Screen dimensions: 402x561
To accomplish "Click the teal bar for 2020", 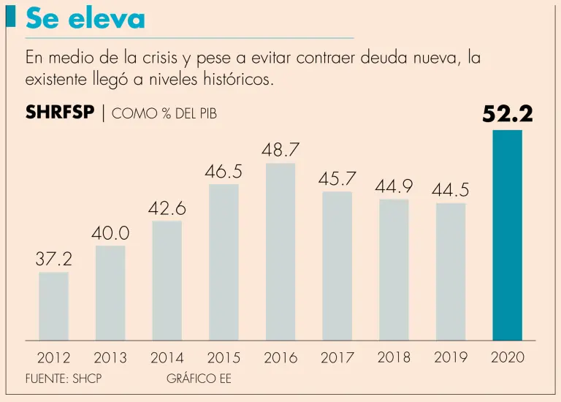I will point(507,235).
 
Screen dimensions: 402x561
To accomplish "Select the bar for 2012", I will point(53,306).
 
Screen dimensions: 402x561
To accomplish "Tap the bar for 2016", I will point(280,251).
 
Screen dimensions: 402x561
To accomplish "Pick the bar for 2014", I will point(167,281).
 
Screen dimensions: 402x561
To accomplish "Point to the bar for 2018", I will point(394,270).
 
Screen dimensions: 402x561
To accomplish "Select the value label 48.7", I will point(280,150).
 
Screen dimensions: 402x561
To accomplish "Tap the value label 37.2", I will point(53,259).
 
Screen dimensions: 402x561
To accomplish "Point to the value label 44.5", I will point(450,190).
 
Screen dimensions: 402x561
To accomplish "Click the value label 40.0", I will point(110,234).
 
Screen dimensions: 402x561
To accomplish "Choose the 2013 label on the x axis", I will point(110,358).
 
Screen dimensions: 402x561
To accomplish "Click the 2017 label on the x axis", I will point(337,358).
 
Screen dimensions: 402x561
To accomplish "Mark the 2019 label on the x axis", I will point(451,357).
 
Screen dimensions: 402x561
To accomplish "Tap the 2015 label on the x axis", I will point(224,358).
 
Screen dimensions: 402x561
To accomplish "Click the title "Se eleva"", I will point(85,19).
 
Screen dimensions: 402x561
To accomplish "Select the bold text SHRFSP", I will point(60,113).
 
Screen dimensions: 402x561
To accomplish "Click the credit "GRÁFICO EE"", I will point(199,379).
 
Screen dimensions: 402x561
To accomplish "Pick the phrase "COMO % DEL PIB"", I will point(164,114).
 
